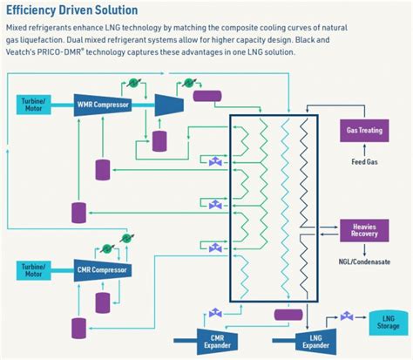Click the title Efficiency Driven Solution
click(71, 10)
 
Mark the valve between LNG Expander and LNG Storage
click(347, 316)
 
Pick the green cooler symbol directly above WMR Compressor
click(132, 83)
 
